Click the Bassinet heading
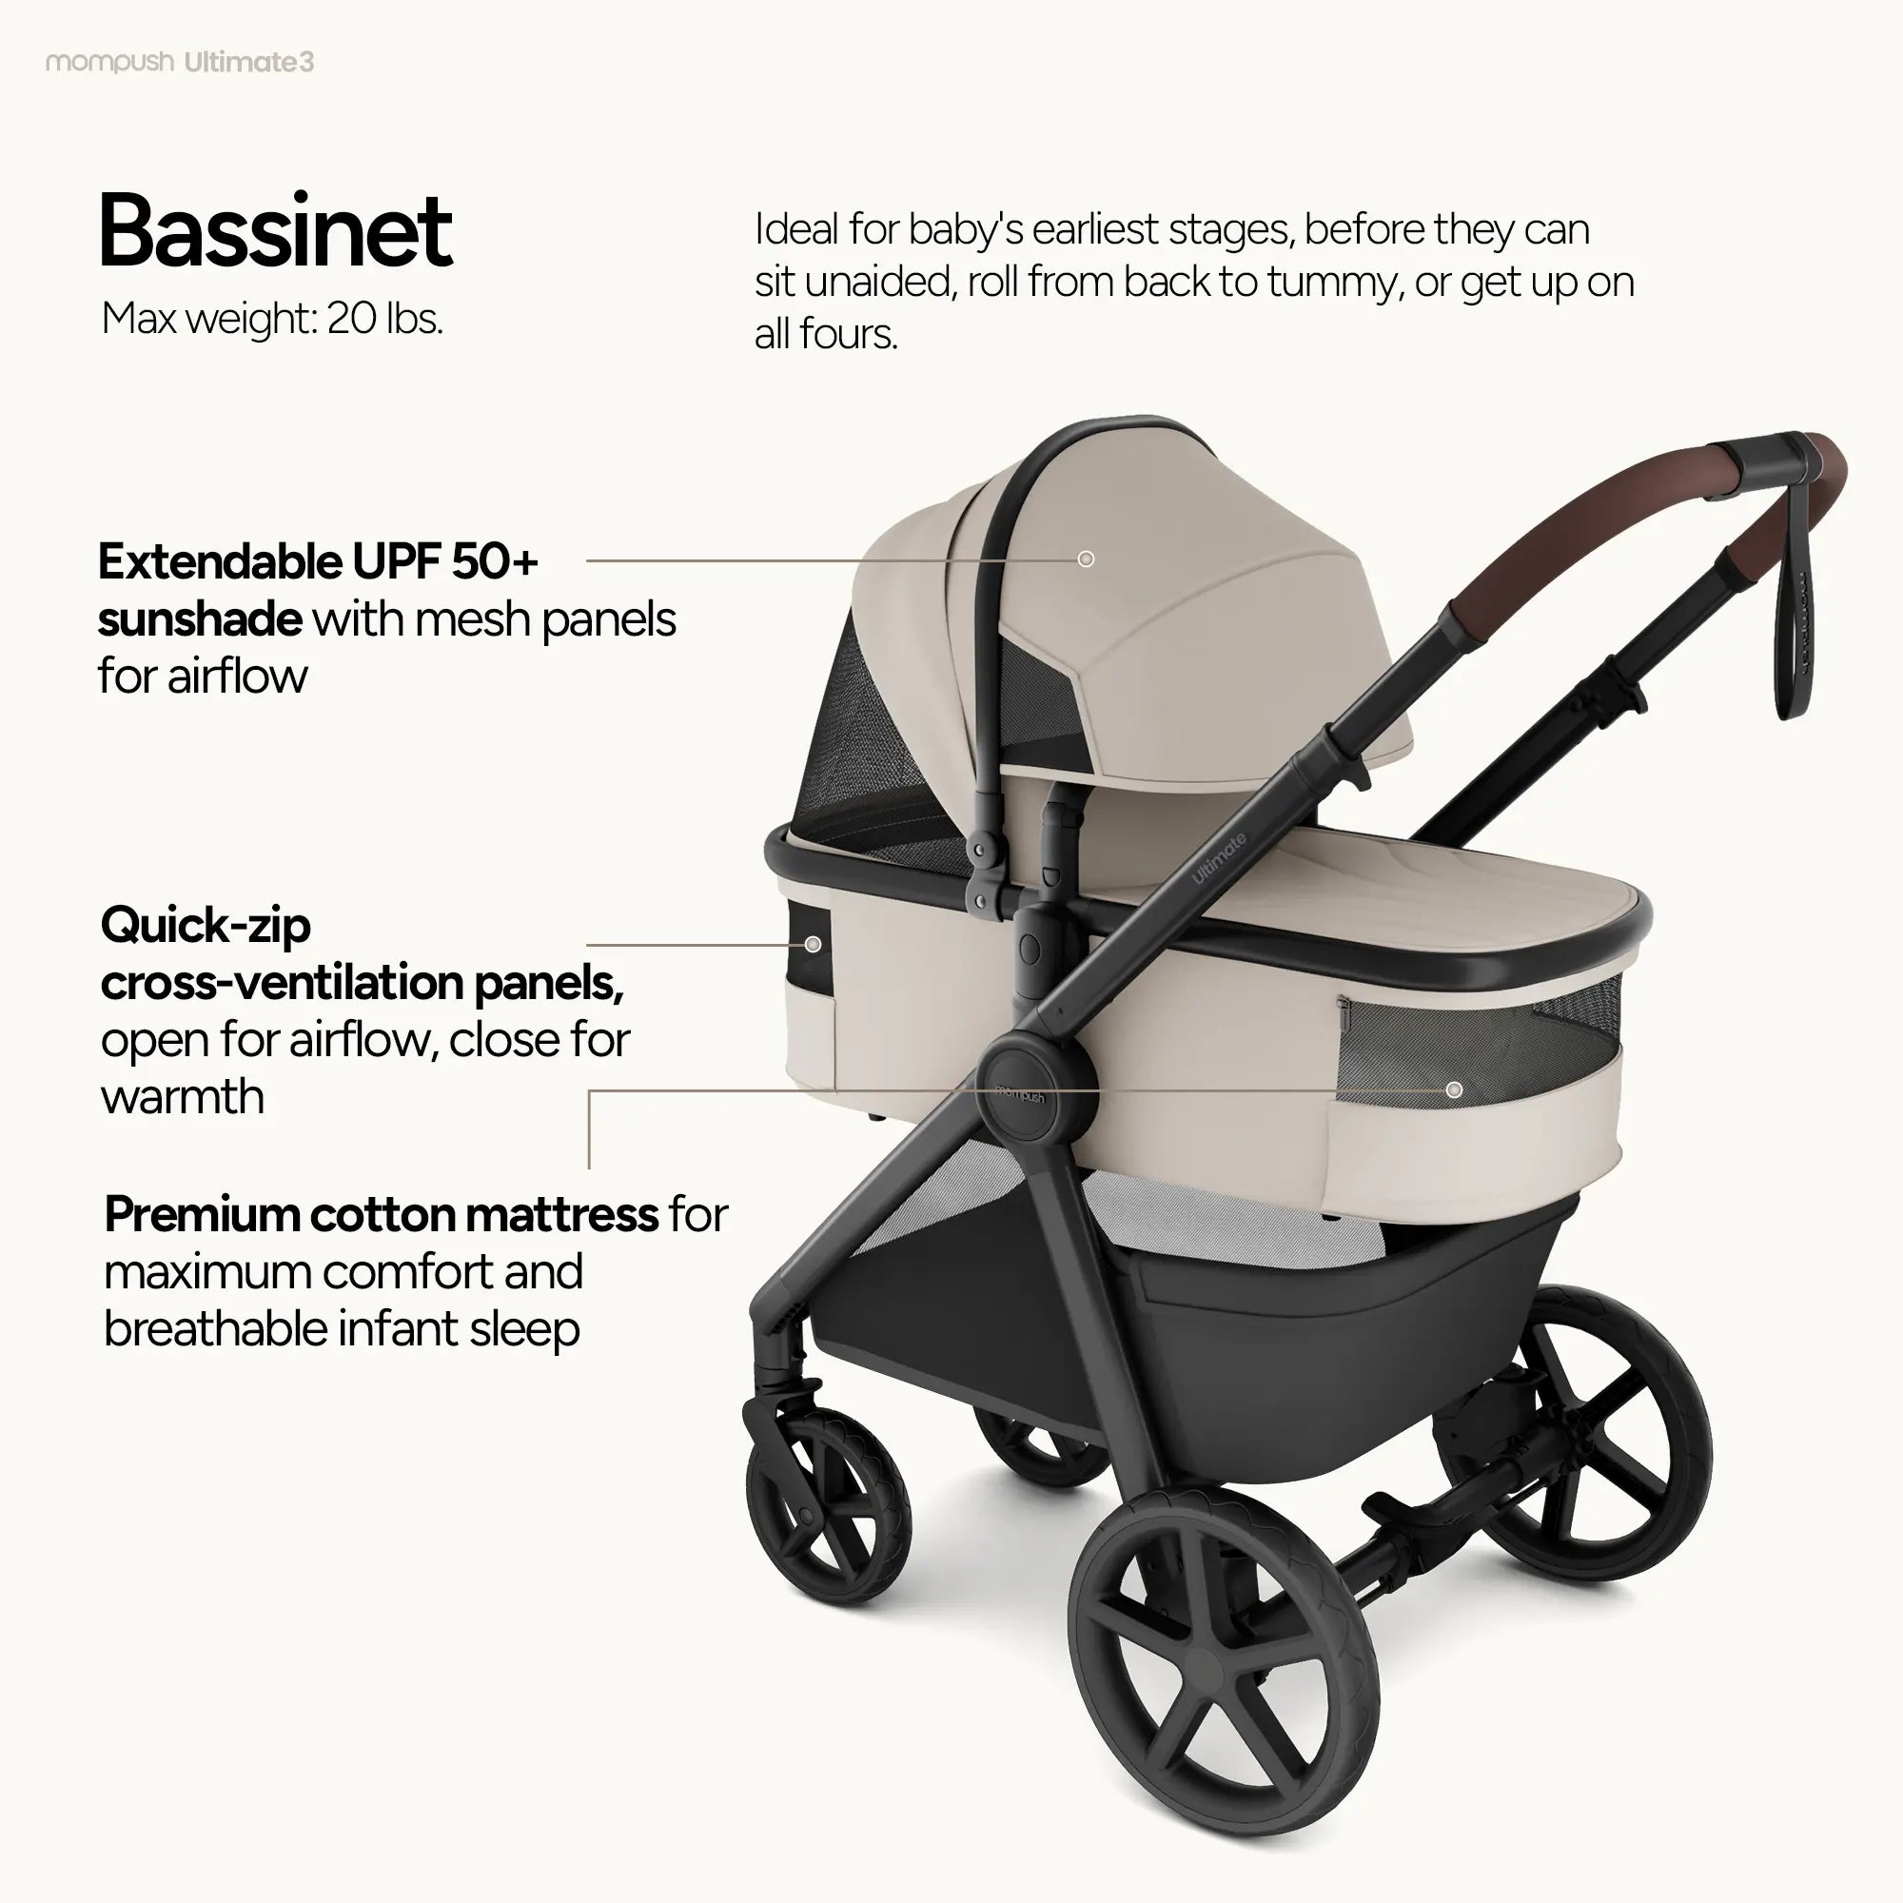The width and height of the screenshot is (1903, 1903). coord(275,231)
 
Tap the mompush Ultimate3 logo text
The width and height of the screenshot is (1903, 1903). coord(180,62)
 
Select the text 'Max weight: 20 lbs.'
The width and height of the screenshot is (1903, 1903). coord(272,318)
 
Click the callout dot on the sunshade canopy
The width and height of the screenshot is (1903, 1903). coord(1086,559)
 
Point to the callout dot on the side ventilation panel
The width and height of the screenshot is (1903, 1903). coord(813,945)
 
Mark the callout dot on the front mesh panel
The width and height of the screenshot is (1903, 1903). coord(1454,1089)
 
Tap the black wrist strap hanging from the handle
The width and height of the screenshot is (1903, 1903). coord(1795,631)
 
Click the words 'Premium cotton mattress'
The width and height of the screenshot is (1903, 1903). coord(382,1214)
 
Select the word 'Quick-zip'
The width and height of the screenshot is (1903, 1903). coord(205,925)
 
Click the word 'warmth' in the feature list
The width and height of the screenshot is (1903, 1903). coord(183,1096)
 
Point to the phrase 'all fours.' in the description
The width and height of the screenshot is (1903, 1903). coord(825,334)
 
